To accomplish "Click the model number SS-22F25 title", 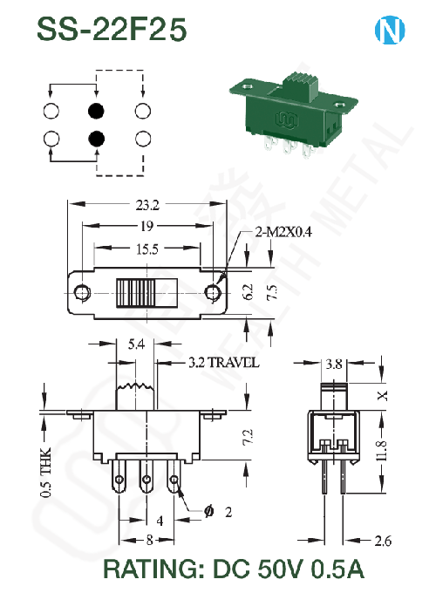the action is click(x=112, y=29).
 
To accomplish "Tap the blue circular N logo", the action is click(x=390, y=30).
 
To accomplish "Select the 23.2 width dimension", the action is click(x=147, y=205).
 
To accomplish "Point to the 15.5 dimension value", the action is click(x=147, y=249).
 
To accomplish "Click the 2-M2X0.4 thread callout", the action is click(x=283, y=232).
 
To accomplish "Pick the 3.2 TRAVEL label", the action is click(x=224, y=362).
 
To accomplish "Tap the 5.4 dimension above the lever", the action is click(x=136, y=344).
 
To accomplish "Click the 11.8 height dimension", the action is click(x=382, y=451).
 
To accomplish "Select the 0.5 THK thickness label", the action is click(x=45, y=472).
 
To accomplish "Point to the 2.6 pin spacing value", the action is click(x=383, y=541).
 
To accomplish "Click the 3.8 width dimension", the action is click(x=334, y=364).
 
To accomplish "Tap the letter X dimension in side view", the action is click(x=383, y=396).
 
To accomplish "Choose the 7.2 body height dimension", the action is click(x=247, y=437).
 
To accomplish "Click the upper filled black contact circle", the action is click(x=96, y=111).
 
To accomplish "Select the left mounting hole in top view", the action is click(x=82, y=293).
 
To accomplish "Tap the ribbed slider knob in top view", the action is click(x=136, y=293).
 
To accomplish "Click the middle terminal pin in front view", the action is click(x=146, y=476).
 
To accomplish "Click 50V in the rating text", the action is click(x=280, y=569).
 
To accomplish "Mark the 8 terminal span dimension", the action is click(x=150, y=540).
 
